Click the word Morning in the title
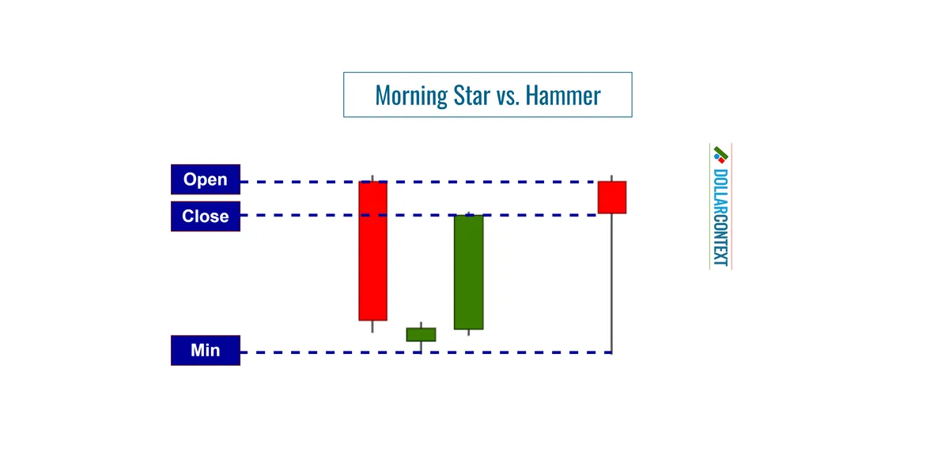[x=411, y=96]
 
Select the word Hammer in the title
[x=563, y=96]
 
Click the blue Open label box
[x=206, y=179]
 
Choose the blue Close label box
[x=206, y=216]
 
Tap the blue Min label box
[x=206, y=350]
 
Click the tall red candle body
[x=373, y=251]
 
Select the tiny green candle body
[x=421, y=334]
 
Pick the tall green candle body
[x=468, y=272]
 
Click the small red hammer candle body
[x=612, y=197]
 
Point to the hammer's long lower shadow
[x=612, y=284]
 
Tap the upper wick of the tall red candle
[x=372, y=179]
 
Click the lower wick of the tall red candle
[x=372, y=326]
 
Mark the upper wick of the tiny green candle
[x=421, y=325]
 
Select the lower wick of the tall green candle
[x=468, y=333]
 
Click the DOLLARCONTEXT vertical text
[x=720, y=217]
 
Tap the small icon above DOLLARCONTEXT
[x=720, y=154]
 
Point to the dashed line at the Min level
[x=316, y=352]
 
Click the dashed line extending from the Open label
[x=301, y=182]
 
